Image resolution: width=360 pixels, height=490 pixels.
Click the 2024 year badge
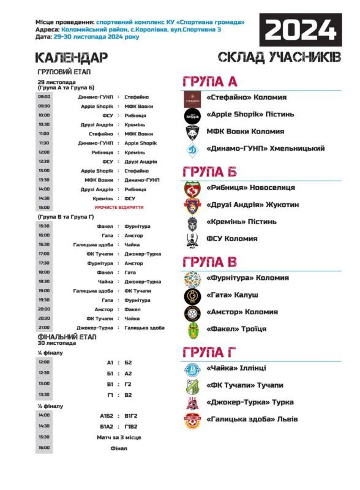pos(301,29)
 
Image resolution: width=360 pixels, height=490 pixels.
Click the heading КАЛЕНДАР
pos(72,58)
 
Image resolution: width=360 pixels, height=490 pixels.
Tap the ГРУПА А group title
pos(209,82)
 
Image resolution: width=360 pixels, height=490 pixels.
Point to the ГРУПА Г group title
pos(209,352)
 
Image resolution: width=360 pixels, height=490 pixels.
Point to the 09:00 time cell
pos(44,97)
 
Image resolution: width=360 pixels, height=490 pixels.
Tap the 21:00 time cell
pos(44,328)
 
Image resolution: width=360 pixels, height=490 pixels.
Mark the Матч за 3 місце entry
pos(119,437)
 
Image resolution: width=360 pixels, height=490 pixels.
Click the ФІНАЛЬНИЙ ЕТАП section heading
pos(65,337)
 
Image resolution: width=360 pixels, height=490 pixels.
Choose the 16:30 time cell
pos(44,244)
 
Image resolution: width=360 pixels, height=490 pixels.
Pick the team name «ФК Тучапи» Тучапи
pos(245,385)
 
